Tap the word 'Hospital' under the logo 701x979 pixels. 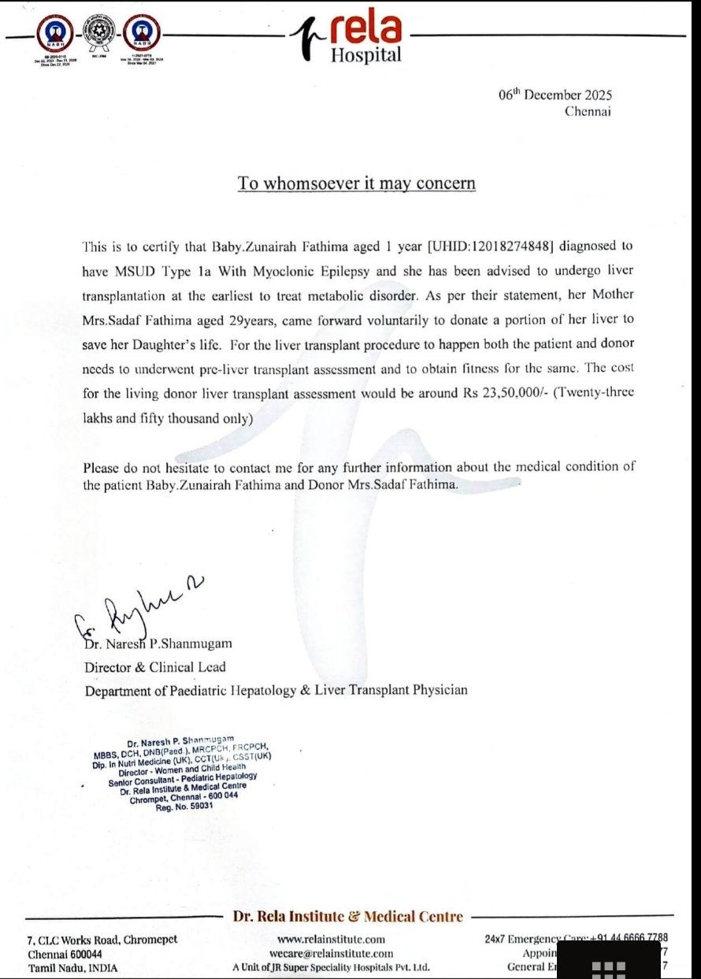click(365, 54)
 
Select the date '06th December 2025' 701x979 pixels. click(555, 95)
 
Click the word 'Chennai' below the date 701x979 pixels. click(588, 111)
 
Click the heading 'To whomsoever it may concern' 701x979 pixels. click(357, 184)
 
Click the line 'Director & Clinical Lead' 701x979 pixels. click(155, 667)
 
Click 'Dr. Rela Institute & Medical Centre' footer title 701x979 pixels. click(347, 916)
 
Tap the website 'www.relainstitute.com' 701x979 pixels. click(331, 939)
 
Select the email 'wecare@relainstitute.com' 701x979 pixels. click(331, 953)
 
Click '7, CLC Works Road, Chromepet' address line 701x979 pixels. click(102, 939)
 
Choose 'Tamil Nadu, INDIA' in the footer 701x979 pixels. click(73, 967)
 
